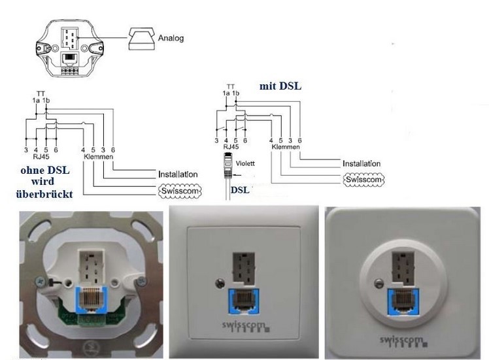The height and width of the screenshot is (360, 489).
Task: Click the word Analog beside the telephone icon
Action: pyautogui.click(x=171, y=38)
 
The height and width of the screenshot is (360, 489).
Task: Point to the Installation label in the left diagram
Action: pyautogui.click(x=178, y=174)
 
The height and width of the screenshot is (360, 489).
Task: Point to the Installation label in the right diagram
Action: pyautogui.click(x=362, y=163)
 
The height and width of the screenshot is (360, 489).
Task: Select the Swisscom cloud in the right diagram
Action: pyautogui.click(x=362, y=178)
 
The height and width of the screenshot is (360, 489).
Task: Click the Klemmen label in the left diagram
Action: pyautogui.click(x=101, y=157)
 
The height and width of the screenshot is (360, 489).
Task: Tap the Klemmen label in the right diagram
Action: pyautogui.click(x=285, y=148)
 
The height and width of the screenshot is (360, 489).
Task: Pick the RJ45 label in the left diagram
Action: pyautogui.click(x=41, y=157)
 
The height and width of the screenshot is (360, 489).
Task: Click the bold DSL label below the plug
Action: pyautogui.click(x=240, y=190)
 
